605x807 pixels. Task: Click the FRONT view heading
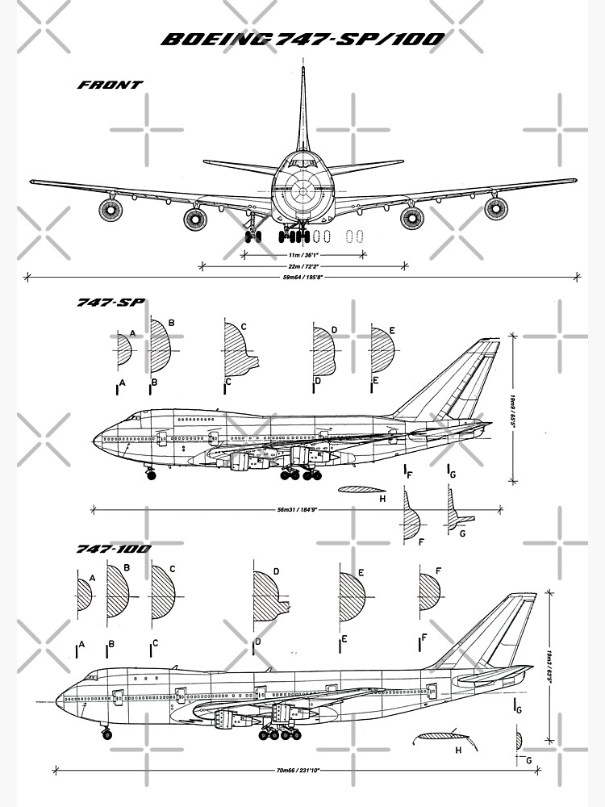point(110,85)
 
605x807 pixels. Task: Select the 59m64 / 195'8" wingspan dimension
point(302,276)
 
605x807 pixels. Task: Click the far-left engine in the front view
point(111,211)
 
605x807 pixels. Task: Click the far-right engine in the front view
point(495,209)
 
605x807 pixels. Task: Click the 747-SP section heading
point(110,303)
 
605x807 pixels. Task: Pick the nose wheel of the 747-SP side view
point(150,475)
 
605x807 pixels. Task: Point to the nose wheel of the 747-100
point(106,734)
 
